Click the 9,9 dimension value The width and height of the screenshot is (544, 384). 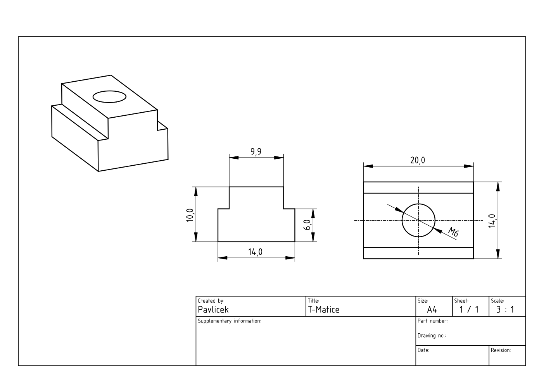coord(256,151)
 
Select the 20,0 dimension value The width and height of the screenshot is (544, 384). coord(418,160)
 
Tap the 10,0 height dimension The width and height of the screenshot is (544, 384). coord(190,214)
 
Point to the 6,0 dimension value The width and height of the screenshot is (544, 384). coord(307,225)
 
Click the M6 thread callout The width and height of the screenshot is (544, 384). coord(453,232)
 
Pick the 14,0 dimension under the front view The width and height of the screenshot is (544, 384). coord(256,252)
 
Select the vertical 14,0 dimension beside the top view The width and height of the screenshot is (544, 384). coord(492,220)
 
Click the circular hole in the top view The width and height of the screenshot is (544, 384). coord(418,220)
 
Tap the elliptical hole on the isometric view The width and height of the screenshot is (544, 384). coord(110,97)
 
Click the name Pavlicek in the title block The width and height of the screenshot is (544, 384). coord(213,310)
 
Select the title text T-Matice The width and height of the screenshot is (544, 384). coord(323,310)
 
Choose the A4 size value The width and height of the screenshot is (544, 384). coord(432,310)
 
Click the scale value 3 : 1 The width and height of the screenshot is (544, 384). coord(505,310)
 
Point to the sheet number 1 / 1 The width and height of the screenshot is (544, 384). coord(469,310)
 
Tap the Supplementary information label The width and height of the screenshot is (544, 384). coord(229,321)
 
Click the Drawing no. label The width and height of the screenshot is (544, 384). coord(432,336)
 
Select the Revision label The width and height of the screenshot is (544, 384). coord(501,350)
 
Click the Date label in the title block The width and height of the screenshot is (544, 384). coord(423,350)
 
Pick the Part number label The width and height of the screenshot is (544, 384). coord(432,321)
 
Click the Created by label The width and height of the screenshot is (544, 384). coord(211,301)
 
